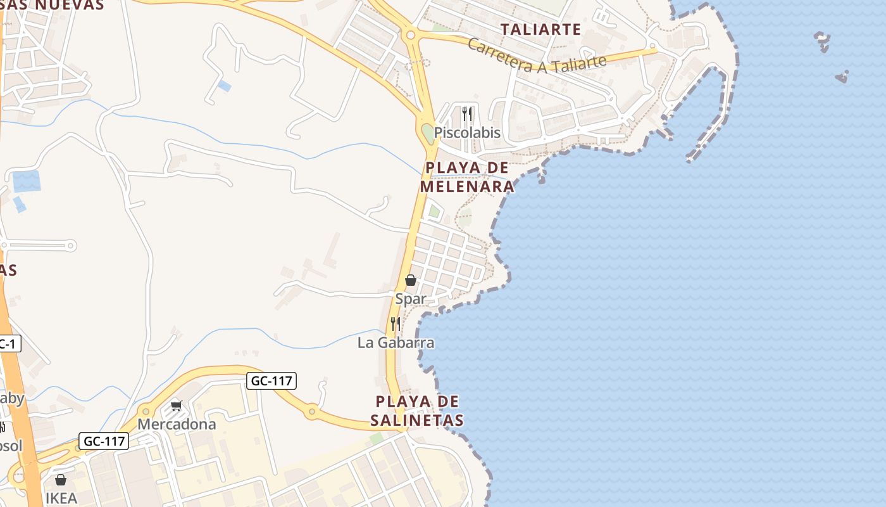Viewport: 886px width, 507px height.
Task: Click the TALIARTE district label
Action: click(540, 29)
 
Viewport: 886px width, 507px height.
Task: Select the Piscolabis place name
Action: click(467, 133)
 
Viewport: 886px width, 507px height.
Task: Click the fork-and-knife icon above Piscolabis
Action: click(467, 114)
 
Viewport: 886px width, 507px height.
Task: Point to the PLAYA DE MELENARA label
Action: click(467, 177)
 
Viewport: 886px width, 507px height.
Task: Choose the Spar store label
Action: click(411, 298)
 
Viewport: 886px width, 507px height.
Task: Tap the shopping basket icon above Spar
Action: click(411, 279)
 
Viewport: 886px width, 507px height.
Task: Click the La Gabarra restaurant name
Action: click(396, 343)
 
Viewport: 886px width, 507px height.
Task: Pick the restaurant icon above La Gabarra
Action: click(396, 324)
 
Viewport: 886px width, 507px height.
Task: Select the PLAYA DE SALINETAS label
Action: click(417, 411)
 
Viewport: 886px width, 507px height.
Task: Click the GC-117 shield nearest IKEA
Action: click(104, 441)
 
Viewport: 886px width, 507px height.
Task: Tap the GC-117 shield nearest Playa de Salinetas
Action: click(271, 381)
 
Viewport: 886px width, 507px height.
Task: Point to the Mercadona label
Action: click(177, 424)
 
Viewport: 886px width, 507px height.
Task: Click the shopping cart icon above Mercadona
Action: click(176, 406)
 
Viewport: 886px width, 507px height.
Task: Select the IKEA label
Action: click(61, 498)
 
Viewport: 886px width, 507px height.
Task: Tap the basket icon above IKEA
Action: click(61, 480)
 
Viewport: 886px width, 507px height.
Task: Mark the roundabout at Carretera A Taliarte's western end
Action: click(411, 35)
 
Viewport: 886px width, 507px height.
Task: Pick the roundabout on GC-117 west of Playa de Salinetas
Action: click(311, 411)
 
